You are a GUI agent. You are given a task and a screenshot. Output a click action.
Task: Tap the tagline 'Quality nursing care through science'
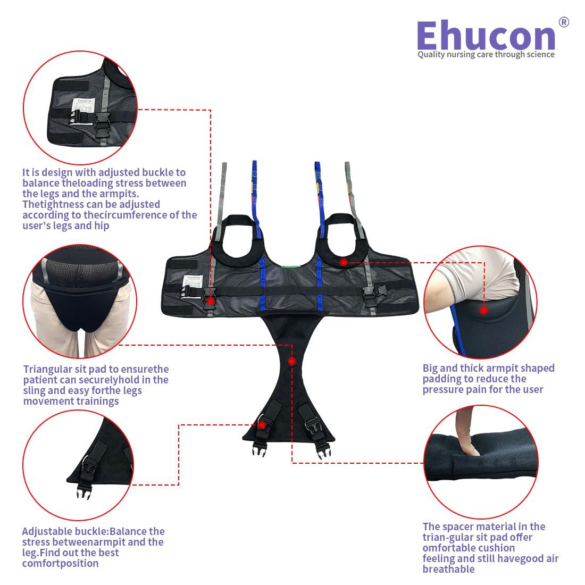tap(486, 54)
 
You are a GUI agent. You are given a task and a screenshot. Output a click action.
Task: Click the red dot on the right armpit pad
tap(344, 262)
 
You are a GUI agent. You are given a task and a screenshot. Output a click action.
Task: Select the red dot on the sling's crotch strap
tap(291, 361)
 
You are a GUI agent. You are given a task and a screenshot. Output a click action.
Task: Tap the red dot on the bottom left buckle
tap(261, 424)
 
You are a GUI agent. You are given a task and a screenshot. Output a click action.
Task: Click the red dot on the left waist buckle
tap(211, 300)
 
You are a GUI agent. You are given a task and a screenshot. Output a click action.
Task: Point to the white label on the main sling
tap(191, 282)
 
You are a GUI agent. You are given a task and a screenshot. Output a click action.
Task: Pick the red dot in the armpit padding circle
tap(483, 310)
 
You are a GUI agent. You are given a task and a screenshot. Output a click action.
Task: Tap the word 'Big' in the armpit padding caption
tap(432, 368)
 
